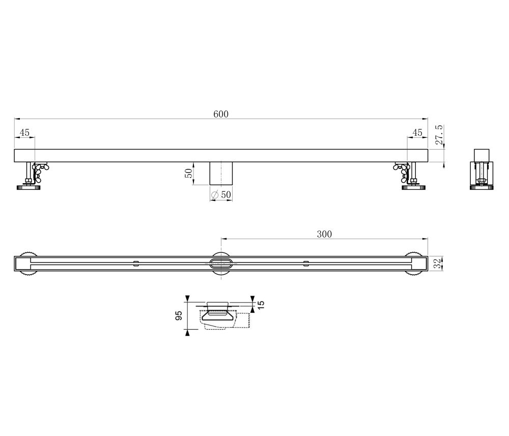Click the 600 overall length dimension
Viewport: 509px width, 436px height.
220,114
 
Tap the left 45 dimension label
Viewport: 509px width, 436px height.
24,132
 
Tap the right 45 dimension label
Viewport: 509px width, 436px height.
417,132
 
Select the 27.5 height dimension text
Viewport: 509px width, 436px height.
439,136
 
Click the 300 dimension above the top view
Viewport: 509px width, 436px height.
324,234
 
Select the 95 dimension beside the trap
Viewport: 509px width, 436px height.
179,316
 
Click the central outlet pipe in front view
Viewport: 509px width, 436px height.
221,173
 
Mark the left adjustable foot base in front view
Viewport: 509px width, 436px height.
29,188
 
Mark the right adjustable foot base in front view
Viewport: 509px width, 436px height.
413,188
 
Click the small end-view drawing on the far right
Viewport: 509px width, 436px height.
481,169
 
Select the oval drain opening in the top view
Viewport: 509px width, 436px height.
221,263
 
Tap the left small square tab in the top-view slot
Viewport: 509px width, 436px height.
135,263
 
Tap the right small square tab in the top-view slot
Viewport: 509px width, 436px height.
305,263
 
